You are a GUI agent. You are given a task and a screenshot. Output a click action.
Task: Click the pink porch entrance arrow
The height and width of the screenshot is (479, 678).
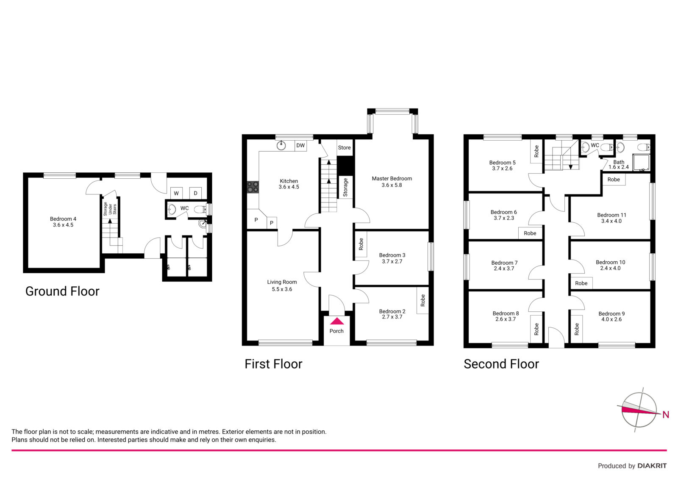[x=336, y=321]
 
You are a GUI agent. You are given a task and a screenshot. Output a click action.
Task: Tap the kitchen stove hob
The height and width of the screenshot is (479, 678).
[x=253, y=187]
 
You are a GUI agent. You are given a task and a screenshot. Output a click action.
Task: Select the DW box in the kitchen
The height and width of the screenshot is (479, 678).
[x=300, y=146]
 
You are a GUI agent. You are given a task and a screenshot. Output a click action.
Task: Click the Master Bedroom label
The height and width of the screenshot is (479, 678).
[x=392, y=179]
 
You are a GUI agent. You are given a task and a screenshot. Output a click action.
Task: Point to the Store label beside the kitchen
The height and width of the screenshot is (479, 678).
[x=345, y=148]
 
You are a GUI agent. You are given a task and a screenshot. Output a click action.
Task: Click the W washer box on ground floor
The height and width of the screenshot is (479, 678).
[x=176, y=193]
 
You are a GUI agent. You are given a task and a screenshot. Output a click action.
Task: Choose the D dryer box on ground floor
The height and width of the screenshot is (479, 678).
[x=195, y=193]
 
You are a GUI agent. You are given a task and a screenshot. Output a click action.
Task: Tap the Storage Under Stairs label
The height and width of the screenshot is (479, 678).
[x=110, y=209]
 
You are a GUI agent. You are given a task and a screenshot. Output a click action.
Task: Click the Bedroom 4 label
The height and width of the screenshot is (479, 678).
[x=63, y=219]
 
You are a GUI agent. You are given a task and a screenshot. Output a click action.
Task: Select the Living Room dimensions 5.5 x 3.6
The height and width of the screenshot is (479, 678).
[x=282, y=289]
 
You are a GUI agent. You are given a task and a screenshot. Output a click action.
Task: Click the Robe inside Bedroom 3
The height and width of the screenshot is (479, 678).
[x=361, y=244]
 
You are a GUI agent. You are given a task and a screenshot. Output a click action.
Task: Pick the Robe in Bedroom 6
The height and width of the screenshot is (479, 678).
[x=530, y=233]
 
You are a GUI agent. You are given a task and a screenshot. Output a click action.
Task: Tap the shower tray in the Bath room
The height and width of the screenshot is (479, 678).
[x=641, y=163]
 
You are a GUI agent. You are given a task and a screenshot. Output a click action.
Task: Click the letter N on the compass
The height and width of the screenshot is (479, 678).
[x=666, y=415]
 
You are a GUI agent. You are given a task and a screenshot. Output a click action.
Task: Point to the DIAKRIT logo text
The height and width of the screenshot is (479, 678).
[x=652, y=466]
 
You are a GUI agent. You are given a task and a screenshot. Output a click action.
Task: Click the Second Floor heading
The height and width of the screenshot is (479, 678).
[x=501, y=364]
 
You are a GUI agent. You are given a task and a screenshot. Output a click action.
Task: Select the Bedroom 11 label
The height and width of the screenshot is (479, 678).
[x=611, y=215]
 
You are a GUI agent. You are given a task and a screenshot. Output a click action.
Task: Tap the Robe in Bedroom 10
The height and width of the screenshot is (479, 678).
[x=581, y=283]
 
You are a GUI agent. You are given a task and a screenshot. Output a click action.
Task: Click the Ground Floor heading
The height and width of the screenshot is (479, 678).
[x=62, y=291]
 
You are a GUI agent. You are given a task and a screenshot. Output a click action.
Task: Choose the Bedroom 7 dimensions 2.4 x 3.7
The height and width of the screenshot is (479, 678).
[x=504, y=269]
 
